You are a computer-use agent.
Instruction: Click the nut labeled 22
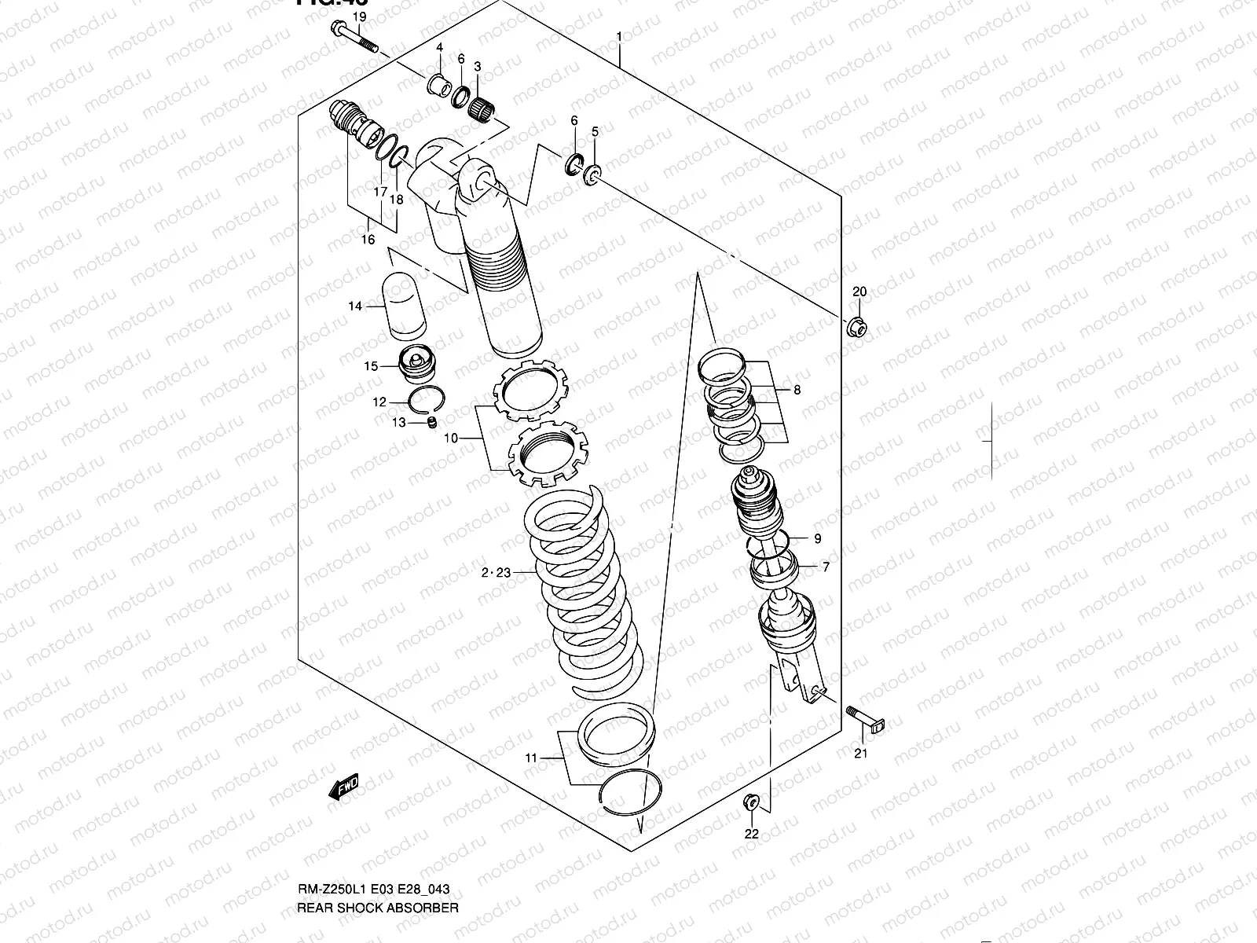tap(749, 802)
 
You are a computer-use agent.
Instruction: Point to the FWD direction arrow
tap(343, 787)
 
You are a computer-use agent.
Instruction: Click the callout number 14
tap(355, 306)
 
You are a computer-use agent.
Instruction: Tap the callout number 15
tap(370, 366)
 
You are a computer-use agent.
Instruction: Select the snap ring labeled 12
tap(429, 400)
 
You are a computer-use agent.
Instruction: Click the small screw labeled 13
tap(431, 424)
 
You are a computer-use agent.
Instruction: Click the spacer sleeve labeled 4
tap(439, 83)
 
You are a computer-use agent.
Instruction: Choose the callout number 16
tap(368, 240)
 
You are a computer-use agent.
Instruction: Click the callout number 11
tap(531, 758)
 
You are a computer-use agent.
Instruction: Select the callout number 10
tap(450, 438)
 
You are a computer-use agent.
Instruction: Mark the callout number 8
tap(797, 390)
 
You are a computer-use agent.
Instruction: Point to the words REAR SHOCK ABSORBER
tap(377, 908)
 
